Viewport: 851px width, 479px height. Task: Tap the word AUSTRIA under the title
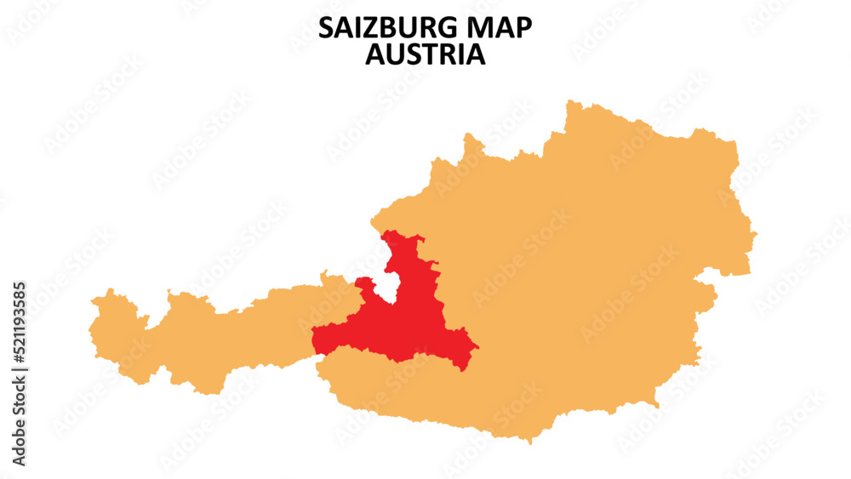pyautogui.click(x=425, y=54)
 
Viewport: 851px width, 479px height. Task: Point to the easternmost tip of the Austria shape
pyautogui.click(x=756, y=231)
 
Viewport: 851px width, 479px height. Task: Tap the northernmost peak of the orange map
pyautogui.click(x=568, y=101)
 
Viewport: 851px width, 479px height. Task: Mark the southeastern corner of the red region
pyautogui.click(x=464, y=368)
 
